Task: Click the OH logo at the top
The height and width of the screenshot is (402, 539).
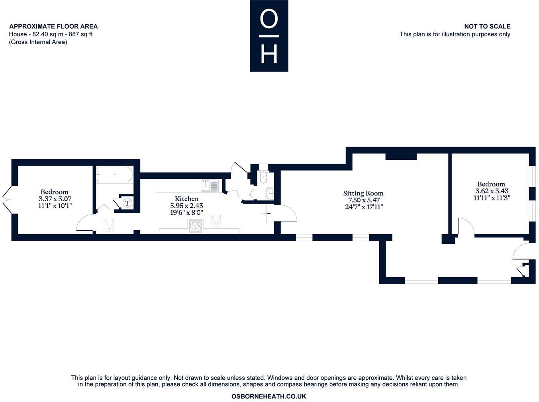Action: [x=269, y=36]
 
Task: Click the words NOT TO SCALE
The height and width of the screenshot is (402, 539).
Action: [x=487, y=26]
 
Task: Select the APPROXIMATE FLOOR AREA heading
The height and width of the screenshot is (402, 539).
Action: [x=53, y=26]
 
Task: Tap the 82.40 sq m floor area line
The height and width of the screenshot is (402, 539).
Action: [x=51, y=34]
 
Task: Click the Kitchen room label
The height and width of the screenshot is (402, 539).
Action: [x=186, y=198]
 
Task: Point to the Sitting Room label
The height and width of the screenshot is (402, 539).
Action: [x=363, y=193]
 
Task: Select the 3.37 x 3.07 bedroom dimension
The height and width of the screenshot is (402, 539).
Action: [x=55, y=199]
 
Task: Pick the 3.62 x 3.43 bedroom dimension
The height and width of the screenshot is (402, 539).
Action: [x=491, y=191]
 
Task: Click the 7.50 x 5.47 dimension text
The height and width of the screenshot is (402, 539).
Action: [x=363, y=200]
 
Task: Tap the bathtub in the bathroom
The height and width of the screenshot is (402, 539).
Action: [x=114, y=175]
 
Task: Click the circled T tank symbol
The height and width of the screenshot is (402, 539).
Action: [x=127, y=203]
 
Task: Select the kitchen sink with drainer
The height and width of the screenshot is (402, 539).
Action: [x=210, y=185]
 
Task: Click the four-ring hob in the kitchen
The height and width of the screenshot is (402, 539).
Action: [x=196, y=226]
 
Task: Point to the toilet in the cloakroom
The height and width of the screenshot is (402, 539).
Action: [x=263, y=178]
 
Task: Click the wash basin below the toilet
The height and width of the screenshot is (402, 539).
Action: [x=270, y=194]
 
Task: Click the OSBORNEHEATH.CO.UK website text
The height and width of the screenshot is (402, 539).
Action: [x=269, y=396]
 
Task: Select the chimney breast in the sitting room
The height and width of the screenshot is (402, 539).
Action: [x=401, y=156]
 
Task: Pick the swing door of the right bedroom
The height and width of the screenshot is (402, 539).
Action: [x=465, y=226]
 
